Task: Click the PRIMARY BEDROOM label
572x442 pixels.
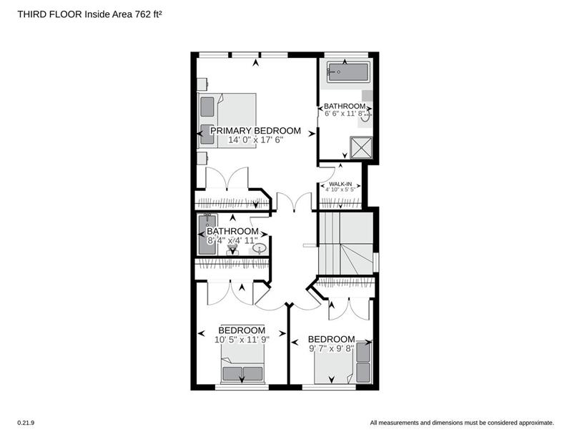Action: point(255,131)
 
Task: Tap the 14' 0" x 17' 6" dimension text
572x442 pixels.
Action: point(255,139)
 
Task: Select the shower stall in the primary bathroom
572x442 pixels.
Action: point(361,148)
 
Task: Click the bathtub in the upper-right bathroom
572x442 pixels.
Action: point(347,72)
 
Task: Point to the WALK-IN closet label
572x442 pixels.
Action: point(340,184)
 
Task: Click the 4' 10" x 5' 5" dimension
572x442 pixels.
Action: point(340,190)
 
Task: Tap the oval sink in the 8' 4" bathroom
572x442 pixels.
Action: point(260,249)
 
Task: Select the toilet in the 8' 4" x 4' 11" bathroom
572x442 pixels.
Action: point(232,250)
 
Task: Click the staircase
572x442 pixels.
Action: point(346,243)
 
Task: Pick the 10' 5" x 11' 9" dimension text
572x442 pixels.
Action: point(242,340)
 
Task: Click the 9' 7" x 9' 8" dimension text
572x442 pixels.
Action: point(332,348)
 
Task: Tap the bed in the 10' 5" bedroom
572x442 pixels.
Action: point(242,364)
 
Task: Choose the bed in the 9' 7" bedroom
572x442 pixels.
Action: point(343,362)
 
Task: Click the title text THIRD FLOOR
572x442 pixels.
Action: point(50,14)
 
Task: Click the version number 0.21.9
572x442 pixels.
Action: point(26,423)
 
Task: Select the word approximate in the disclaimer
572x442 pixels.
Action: point(536,423)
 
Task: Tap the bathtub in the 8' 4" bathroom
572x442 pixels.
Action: point(207,235)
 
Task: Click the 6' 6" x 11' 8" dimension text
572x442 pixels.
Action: point(345,114)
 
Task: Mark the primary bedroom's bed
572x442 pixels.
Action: point(227,121)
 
